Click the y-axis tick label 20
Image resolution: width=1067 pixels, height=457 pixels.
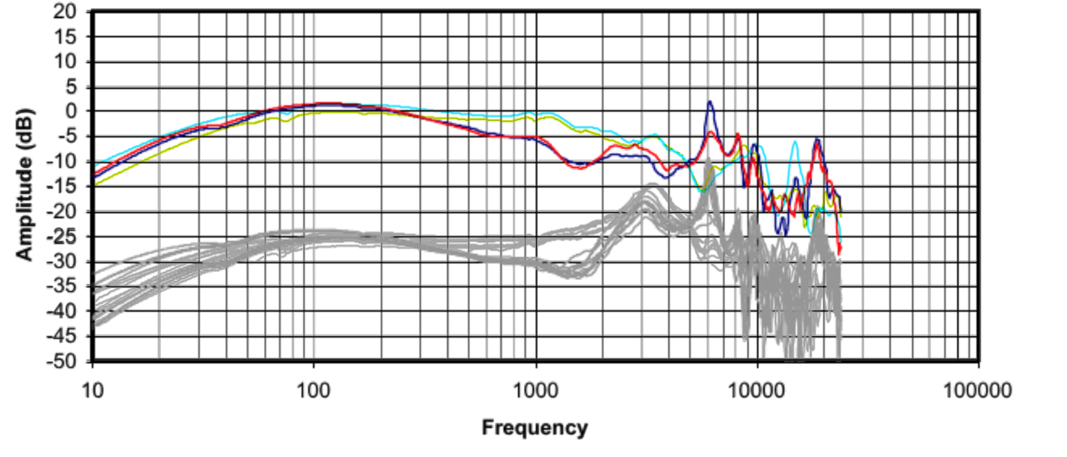[64, 11]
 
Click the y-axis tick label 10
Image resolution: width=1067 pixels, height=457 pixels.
[64, 62]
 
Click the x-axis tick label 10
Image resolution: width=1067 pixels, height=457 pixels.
[92, 390]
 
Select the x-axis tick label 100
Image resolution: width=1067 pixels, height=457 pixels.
[313, 390]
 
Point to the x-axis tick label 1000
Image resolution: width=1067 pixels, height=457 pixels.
[535, 390]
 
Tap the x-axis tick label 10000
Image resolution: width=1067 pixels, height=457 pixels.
[757, 390]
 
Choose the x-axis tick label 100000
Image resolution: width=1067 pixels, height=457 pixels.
[978, 390]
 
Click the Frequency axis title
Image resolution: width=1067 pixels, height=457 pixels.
[535, 427]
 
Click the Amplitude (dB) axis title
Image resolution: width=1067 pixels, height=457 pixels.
[25, 185]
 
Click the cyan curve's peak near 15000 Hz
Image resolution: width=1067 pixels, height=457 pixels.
[796, 142]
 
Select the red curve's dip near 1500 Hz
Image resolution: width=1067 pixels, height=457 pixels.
[579, 168]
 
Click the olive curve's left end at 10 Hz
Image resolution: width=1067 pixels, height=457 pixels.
[94, 185]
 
